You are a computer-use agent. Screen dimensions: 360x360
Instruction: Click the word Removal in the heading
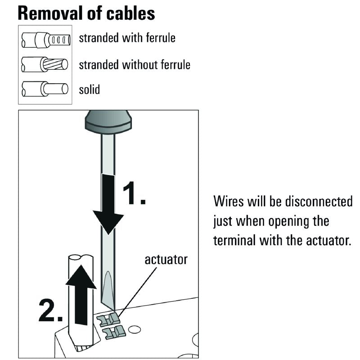(x=47, y=13)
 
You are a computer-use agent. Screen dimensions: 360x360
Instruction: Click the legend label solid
(x=90, y=89)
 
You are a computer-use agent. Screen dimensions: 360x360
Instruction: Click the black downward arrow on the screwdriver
(x=108, y=205)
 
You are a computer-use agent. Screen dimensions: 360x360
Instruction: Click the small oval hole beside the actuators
(x=134, y=330)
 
